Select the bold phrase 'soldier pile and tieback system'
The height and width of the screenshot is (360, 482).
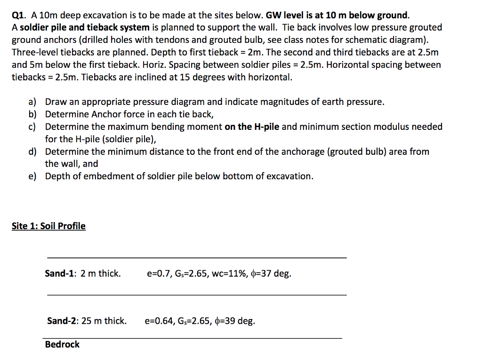click(x=83, y=27)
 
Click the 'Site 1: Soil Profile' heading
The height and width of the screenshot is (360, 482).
click(x=48, y=226)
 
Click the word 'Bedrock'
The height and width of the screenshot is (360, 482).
click(x=62, y=344)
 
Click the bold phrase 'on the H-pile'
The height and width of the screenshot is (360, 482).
click(x=252, y=127)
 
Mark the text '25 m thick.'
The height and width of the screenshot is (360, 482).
click(x=104, y=321)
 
